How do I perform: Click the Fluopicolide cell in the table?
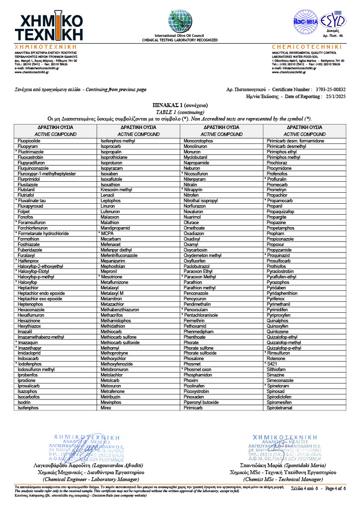[29, 141]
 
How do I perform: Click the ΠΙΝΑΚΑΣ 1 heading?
[179, 106]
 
